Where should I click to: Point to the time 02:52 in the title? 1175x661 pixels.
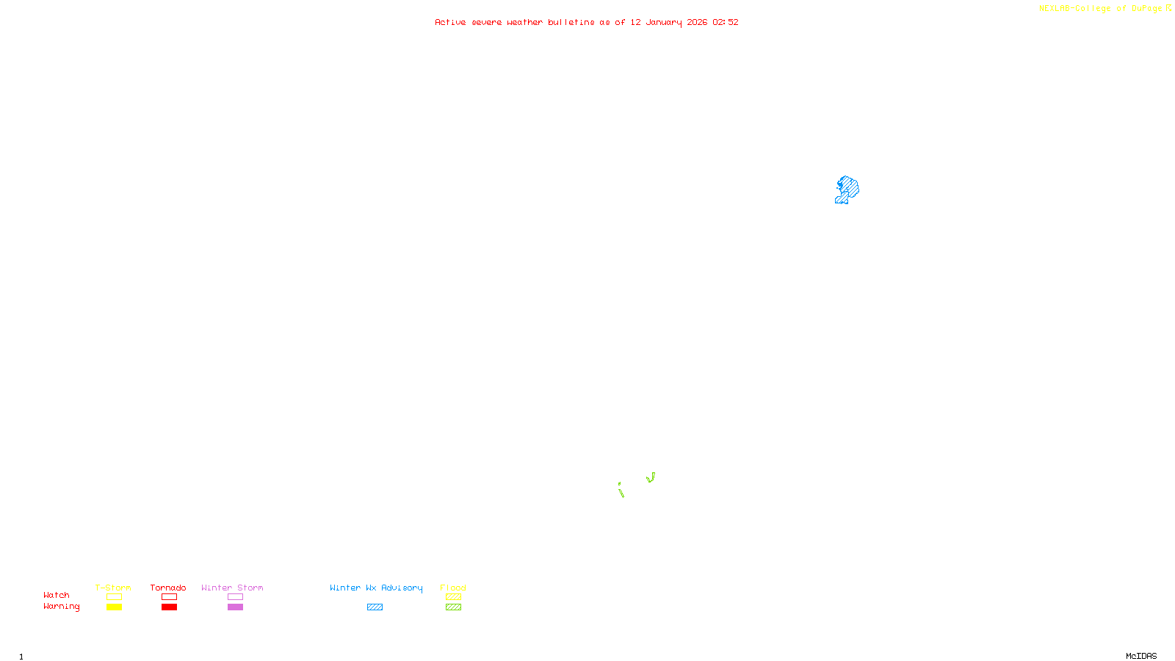pos(725,22)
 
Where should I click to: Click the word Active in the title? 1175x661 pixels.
pos(449,22)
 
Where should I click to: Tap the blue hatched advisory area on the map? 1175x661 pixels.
pos(848,188)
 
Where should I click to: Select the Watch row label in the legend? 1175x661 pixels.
pos(57,595)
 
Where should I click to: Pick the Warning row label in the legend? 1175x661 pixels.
pos(61,607)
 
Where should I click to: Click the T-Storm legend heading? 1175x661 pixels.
pos(113,588)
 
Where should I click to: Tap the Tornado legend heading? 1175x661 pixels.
pos(168,588)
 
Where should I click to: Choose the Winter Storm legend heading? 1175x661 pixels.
pos(232,588)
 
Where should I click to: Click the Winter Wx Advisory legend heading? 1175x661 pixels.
pos(376,588)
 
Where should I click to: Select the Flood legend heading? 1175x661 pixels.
pos(453,588)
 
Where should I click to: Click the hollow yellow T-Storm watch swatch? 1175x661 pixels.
pos(114,597)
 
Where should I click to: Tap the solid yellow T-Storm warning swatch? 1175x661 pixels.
pos(114,607)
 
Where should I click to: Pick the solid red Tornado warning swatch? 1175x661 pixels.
pos(169,607)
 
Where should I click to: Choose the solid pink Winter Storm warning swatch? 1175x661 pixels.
pos(235,607)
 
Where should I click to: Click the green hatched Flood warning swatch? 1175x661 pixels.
pos(453,607)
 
